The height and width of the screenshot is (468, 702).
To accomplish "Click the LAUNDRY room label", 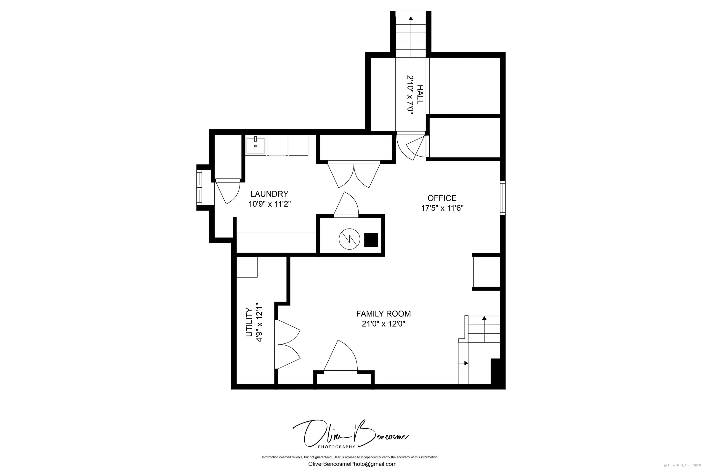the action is click(269, 194).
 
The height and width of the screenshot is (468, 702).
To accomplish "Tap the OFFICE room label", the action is click(442, 198).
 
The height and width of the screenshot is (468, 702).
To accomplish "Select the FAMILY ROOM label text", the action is click(383, 314).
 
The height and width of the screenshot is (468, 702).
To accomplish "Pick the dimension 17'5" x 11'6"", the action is click(442, 208).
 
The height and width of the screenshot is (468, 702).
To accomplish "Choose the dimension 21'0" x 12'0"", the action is click(383, 324).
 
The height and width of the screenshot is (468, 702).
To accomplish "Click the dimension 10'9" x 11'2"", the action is click(269, 204).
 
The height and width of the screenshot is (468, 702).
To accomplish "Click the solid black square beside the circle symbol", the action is click(371, 240).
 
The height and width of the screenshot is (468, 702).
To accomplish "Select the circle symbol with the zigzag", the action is click(349, 239).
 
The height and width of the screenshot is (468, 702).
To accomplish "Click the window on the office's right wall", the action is click(503, 198).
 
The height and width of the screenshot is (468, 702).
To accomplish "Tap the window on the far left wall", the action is click(199, 187).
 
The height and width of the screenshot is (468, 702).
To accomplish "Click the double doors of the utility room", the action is click(287, 344).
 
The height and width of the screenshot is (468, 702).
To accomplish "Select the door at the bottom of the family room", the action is click(340, 357).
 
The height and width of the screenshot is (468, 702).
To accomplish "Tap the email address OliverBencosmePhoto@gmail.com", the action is click(352, 464).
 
